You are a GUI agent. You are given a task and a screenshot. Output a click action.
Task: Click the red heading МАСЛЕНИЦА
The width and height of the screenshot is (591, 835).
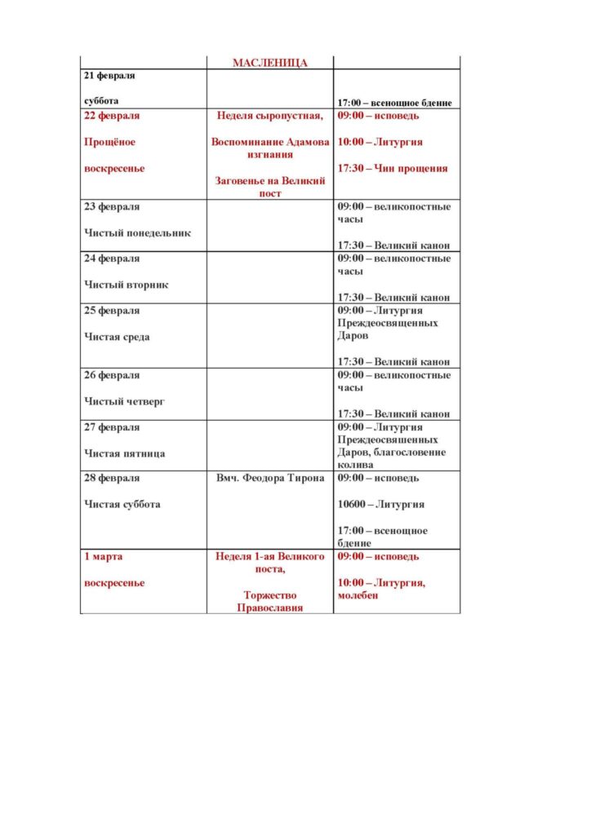(x=269, y=63)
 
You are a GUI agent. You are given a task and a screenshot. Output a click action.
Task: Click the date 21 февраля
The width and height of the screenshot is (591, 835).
(x=110, y=76)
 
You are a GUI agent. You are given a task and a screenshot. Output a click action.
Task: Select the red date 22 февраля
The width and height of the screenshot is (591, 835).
(x=112, y=116)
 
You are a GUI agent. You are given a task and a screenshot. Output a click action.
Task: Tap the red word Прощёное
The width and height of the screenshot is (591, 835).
(x=110, y=142)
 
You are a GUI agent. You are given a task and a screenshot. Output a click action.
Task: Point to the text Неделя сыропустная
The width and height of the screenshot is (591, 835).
(x=270, y=116)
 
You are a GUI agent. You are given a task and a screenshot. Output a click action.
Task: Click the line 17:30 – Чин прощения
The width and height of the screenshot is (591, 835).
(x=393, y=169)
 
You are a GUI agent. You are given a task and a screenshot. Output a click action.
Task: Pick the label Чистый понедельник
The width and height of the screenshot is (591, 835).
(x=138, y=233)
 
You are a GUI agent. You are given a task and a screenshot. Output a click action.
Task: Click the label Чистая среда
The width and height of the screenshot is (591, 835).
(x=118, y=337)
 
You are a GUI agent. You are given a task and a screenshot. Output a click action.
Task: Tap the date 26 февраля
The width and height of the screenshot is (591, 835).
(x=112, y=375)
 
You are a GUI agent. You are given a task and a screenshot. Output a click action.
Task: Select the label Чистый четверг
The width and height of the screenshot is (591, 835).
(x=125, y=401)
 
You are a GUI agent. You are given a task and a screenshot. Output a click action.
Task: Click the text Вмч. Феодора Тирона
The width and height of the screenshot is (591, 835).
(x=270, y=478)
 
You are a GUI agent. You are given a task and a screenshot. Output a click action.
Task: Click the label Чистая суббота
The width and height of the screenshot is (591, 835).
(x=122, y=504)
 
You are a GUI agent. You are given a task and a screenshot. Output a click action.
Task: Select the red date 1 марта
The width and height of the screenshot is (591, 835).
(x=104, y=556)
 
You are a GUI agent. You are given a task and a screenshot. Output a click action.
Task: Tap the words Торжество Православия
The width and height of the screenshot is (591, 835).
(x=270, y=602)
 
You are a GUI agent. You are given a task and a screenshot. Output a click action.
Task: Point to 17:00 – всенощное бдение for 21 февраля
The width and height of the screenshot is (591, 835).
(x=395, y=103)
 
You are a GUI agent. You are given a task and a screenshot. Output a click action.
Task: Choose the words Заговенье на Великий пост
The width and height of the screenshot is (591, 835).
(x=270, y=187)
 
